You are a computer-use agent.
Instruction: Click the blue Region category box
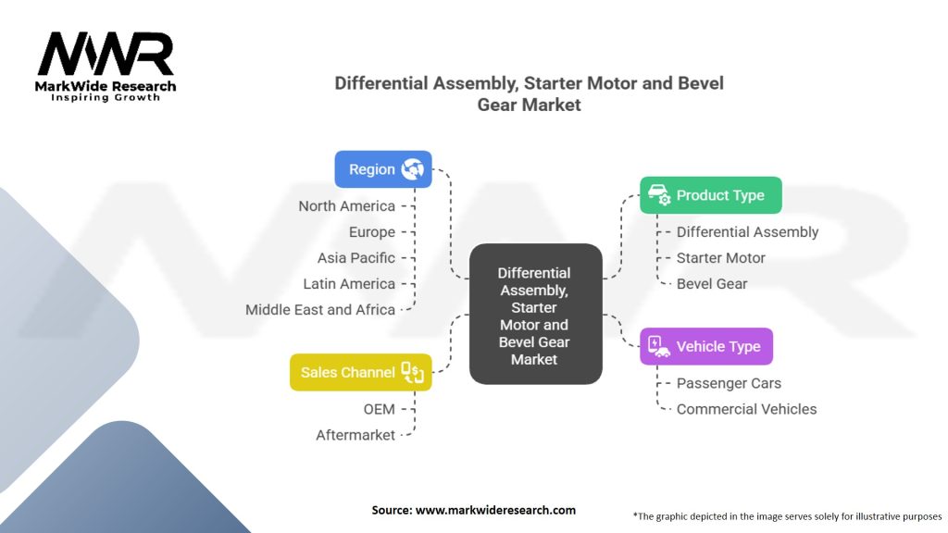[382, 169]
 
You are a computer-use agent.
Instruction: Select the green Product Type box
[710, 195]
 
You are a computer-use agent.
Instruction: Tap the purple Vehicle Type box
[705, 346]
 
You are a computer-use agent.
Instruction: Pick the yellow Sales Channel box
[360, 372]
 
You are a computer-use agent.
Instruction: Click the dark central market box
[535, 314]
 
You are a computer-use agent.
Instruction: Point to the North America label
[346, 206]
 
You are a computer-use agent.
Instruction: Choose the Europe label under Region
[371, 232]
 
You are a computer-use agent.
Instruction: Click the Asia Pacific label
[355, 258]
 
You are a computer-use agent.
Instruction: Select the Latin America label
[349, 284]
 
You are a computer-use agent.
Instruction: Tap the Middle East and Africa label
[319, 310]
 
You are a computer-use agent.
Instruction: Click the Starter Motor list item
[720, 258]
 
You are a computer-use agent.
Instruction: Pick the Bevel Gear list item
[711, 283]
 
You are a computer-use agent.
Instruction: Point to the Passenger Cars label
[729, 383]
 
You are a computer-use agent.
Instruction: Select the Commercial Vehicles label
[746, 409]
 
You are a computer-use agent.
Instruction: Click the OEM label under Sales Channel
[379, 409]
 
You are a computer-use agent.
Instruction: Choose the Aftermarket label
[355, 435]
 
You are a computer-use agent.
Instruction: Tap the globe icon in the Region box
[412, 169]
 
